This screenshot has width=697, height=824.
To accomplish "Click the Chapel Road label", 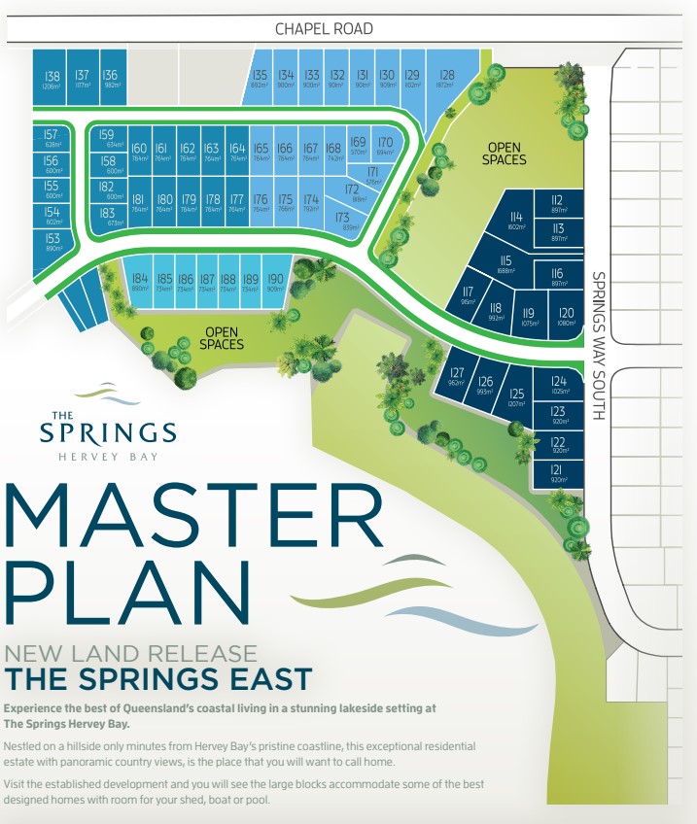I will click(x=324, y=29).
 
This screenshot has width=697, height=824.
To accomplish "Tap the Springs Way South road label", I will click(x=598, y=345).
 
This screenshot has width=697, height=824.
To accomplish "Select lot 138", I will click(x=52, y=80).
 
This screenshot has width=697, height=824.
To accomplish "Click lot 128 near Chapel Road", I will click(x=446, y=79).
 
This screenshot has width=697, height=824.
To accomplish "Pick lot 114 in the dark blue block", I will click(x=516, y=221).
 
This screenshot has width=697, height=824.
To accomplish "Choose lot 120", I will click(x=567, y=316).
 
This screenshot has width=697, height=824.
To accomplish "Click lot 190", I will click(x=274, y=283).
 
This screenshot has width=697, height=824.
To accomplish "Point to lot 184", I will click(x=140, y=283).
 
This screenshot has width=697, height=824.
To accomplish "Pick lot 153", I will click(x=52, y=242).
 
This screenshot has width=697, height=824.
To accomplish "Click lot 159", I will click(x=107, y=138).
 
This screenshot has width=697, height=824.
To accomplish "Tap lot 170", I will click(x=385, y=147).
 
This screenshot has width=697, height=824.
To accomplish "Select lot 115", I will click(x=505, y=264).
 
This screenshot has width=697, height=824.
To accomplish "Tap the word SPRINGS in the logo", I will click(x=107, y=432).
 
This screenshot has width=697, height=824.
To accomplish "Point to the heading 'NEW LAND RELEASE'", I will click(x=131, y=654).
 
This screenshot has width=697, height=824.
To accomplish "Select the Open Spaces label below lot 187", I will click(x=221, y=338).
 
